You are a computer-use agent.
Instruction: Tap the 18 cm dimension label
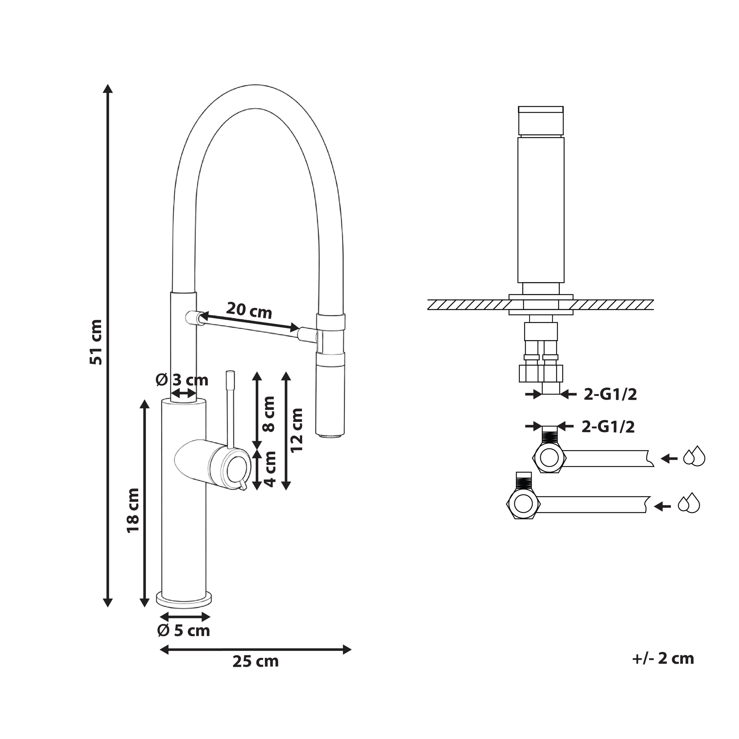coord(133,511)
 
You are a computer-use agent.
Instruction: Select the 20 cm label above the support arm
coord(249,310)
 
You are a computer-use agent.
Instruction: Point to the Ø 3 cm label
coord(182,380)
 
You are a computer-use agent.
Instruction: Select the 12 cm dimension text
coord(297,430)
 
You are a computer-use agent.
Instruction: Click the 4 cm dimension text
coord(270,469)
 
